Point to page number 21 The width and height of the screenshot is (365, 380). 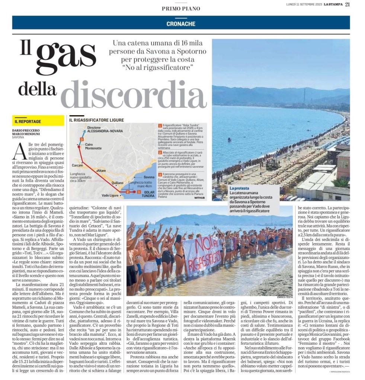point(347,4)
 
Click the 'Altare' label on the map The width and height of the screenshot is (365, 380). point(101,170)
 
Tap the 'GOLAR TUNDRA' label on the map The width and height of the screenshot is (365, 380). point(148,193)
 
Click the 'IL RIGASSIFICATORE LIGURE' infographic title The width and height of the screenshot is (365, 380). point(96,120)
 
